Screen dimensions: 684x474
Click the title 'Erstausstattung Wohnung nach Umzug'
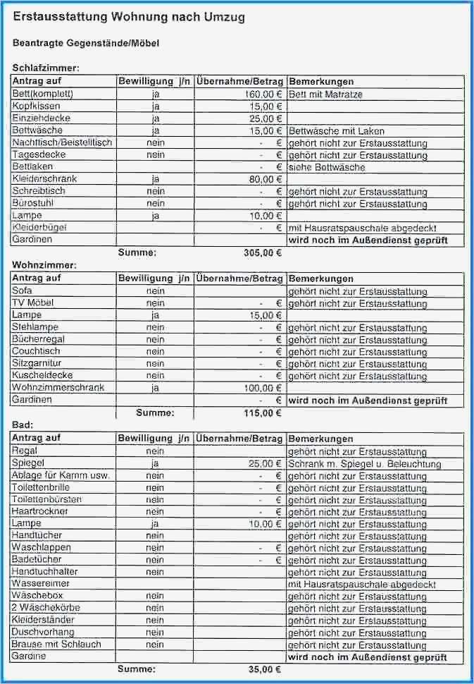click(129, 18)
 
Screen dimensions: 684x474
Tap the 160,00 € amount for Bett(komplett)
click(263, 94)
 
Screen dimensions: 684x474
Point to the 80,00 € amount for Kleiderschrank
click(265, 179)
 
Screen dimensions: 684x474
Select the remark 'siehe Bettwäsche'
click(327, 167)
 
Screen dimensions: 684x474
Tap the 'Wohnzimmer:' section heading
click(44, 265)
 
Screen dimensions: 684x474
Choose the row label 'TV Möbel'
click(33, 303)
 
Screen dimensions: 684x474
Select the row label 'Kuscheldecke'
click(42, 375)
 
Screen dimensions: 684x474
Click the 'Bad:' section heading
click(23, 425)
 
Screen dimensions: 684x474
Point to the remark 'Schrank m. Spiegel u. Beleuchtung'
click(365, 464)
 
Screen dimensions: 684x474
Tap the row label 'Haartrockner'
click(41, 511)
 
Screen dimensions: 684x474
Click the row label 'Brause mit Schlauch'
click(56, 644)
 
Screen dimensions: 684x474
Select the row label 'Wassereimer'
click(40, 584)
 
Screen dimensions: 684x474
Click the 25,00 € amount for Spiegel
click(265, 464)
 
